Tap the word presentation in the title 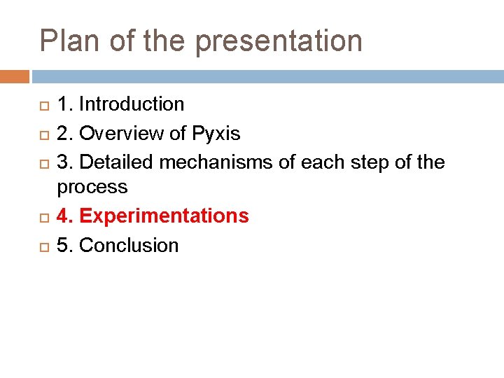pos(279,42)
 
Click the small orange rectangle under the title pos(15,76)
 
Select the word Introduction pos(132,104)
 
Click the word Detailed pos(117,162)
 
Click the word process pos(92,188)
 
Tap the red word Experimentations pos(164,216)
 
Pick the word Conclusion pos(129,245)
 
